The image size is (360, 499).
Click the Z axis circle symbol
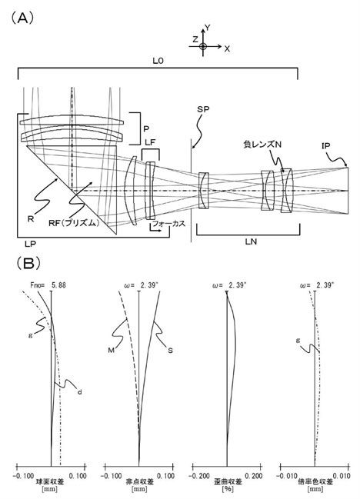click(202, 46)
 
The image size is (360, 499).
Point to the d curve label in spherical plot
click(79, 392)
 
